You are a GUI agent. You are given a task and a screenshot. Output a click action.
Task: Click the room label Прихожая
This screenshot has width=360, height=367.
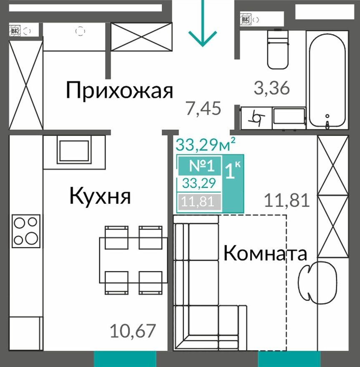click(119, 90)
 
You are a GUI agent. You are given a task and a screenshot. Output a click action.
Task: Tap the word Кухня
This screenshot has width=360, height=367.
click(100, 196)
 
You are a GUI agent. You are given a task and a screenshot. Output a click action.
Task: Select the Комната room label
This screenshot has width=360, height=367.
click(266, 253)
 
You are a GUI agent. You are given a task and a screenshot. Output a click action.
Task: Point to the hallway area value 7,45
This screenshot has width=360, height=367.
click(203, 109)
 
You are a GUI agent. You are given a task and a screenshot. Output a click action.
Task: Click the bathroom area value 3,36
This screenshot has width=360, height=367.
click(272, 88)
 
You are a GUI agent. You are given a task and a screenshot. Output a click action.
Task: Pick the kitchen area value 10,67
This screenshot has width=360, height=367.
click(133, 332)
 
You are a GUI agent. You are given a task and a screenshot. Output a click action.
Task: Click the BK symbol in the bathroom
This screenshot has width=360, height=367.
click(246, 19)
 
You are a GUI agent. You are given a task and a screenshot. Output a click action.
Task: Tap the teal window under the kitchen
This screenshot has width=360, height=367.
click(125, 359)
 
